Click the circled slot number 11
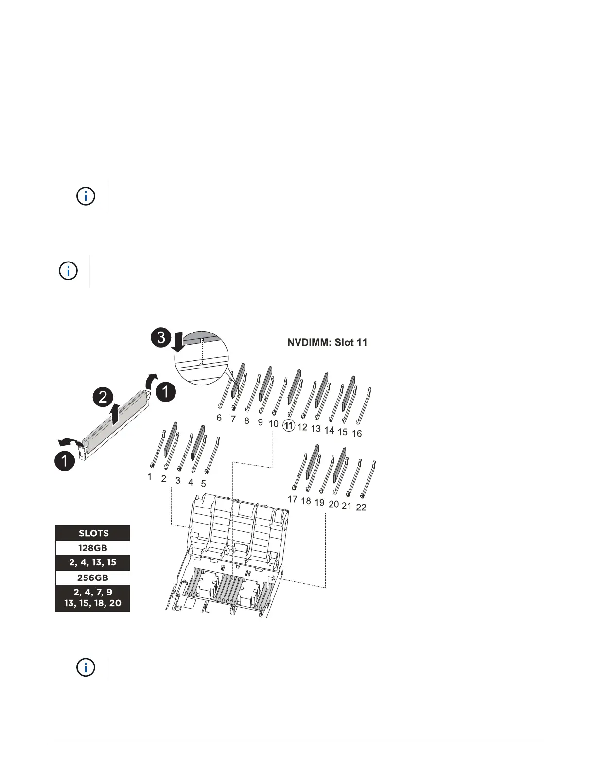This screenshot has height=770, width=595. click(289, 426)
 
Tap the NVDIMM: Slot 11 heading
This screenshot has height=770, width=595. click(327, 342)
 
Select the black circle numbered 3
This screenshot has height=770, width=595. click(161, 337)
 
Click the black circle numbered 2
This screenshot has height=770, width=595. click(103, 397)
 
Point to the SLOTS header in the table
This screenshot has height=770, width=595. click(93, 533)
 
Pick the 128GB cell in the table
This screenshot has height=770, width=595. click(93, 548)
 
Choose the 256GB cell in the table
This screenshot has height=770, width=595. click(93, 577)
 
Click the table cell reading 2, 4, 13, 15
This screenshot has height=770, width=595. click(93, 562)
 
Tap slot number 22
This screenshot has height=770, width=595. click(361, 507)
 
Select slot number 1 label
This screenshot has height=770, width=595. click(150, 477)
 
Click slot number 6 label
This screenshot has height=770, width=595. click(219, 418)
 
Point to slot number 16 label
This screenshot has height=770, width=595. click(357, 433)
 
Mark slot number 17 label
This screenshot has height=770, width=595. click(292, 499)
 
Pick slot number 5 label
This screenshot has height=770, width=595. click(203, 484)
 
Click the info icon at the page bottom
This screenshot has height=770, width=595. click(86, 667)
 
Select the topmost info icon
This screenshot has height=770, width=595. click(86, 196)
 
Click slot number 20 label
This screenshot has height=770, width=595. click(333, 504)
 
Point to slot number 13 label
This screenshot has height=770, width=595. click(316, 429)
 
